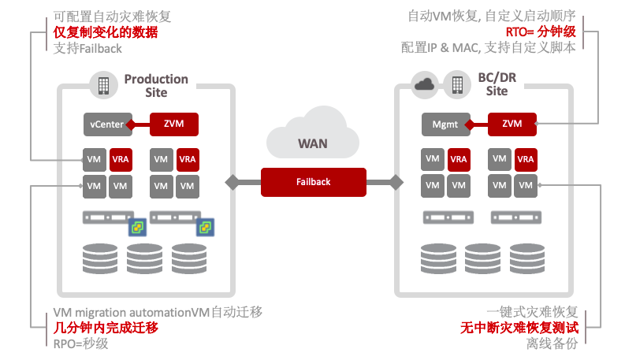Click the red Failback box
tap(314, 182)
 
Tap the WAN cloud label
tap(313, 144)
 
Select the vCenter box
tap(106, 124)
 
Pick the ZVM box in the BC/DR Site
tap(512, 124)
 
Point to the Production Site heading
tap(156, 85)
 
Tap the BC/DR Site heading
tap(497, 84)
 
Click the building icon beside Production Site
tap(103, 84)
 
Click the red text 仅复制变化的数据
tap(106, 32)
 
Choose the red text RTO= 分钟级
tap(540, 32)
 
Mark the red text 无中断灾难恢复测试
tap(519, 327)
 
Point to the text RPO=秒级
tap(80, 343)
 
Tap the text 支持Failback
tap(88, 49)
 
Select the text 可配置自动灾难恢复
tap(112, 16)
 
